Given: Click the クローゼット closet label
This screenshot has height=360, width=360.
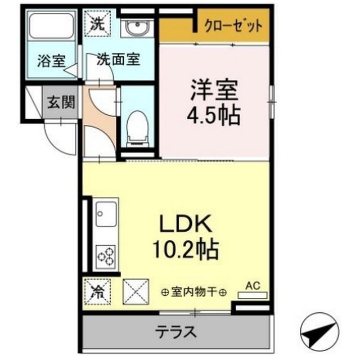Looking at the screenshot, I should [x=232, y=26].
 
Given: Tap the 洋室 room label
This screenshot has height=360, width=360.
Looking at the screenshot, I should [x=214, y=91].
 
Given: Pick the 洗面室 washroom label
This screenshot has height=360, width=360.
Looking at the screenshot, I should [x=118, y=59].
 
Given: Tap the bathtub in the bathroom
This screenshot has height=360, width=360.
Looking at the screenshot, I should [x=52, y=26].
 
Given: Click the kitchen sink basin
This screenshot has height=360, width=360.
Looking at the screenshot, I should [x=105, y=214].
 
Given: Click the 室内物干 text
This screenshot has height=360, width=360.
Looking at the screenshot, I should [x=194, y=292].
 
